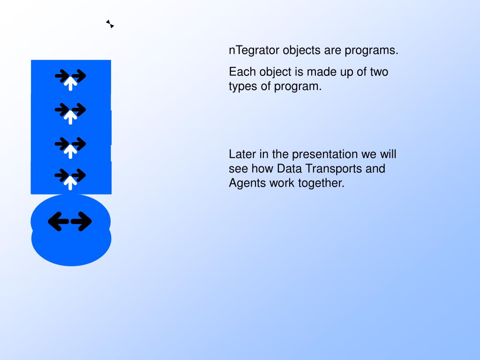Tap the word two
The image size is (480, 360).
[x=379, y=72]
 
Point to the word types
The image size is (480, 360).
[x=242, y=87]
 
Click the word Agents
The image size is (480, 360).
[x=247, y=183]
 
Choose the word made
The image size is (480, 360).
[x=320, y=72]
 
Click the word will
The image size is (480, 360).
[x=387, y=154]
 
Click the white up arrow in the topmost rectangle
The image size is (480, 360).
[x=70, y=83]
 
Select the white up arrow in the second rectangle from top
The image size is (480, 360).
[x=70, y=117]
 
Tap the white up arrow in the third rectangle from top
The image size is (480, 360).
[x=70, y=151]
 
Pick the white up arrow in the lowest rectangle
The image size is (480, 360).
[x=70, y=183]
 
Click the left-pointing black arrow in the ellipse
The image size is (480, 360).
[x=57, y=221]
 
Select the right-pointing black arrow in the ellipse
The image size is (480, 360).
[x=83, y=221]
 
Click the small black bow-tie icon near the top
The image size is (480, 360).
[x=110, y=24]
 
